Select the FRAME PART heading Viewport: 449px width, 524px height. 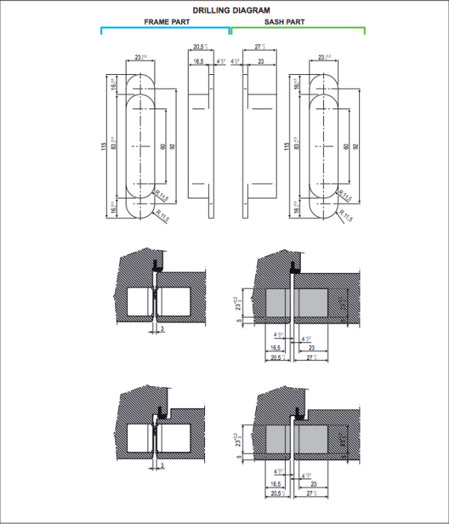(x=167, y=22)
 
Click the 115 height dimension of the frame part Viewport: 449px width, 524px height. (x=104, y=145)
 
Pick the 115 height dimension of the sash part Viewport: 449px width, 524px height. (x=286, y=145)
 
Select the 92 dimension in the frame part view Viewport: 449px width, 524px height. (x=173, y=147)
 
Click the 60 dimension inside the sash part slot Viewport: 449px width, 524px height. (x=345, y=147)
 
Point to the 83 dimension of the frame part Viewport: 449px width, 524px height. (x=114, y=145)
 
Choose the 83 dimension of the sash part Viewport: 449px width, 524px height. (x=296, y=145)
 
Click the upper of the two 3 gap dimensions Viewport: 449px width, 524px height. (x=161, y=328)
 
